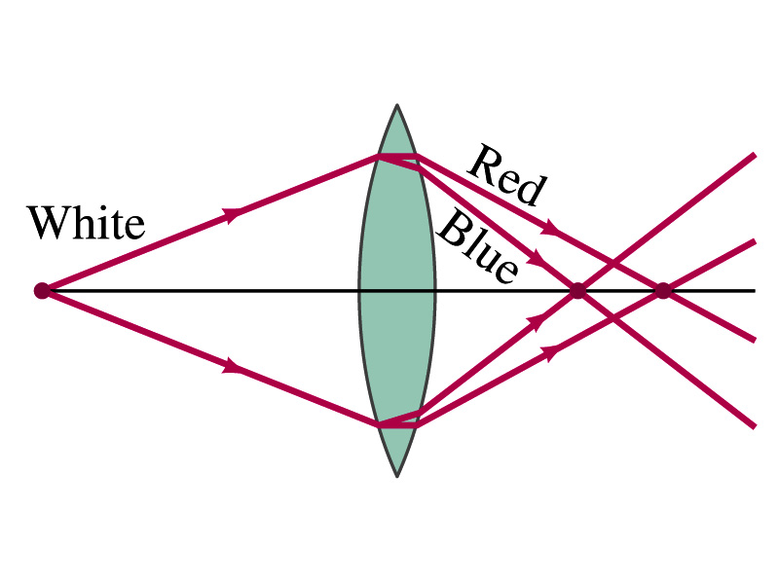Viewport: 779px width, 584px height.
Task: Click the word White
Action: (x=86, y=223)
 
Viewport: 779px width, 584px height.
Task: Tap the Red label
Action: (x=507, y=175)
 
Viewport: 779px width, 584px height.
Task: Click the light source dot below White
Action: (x=41, y=290)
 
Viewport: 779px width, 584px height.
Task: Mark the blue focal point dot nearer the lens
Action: (x=577, y=290)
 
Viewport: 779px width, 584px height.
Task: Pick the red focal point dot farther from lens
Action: (x=663, y=290)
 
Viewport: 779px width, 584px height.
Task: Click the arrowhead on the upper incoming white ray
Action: (x=233, y=215)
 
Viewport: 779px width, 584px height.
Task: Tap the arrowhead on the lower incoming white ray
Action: (x=233, y=366)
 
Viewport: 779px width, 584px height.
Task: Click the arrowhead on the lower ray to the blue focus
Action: (x=535, y=322)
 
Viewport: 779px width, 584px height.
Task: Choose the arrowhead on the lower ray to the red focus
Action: (x=551, y=353)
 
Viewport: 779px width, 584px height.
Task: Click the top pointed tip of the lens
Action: (x=397, y=105)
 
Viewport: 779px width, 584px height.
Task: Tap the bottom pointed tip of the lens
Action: (x=397, y=476)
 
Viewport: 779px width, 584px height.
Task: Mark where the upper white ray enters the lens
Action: (x=379, y=156)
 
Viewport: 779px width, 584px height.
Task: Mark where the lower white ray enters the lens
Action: (x=379, y=424)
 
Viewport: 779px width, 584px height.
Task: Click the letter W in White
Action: (x=48, y=223)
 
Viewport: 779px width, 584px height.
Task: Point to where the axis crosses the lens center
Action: (x=397, y=290)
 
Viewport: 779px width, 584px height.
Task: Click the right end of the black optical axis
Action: (x=755, y=290)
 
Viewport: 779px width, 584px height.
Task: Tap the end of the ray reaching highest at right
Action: (x=755, y=155)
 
